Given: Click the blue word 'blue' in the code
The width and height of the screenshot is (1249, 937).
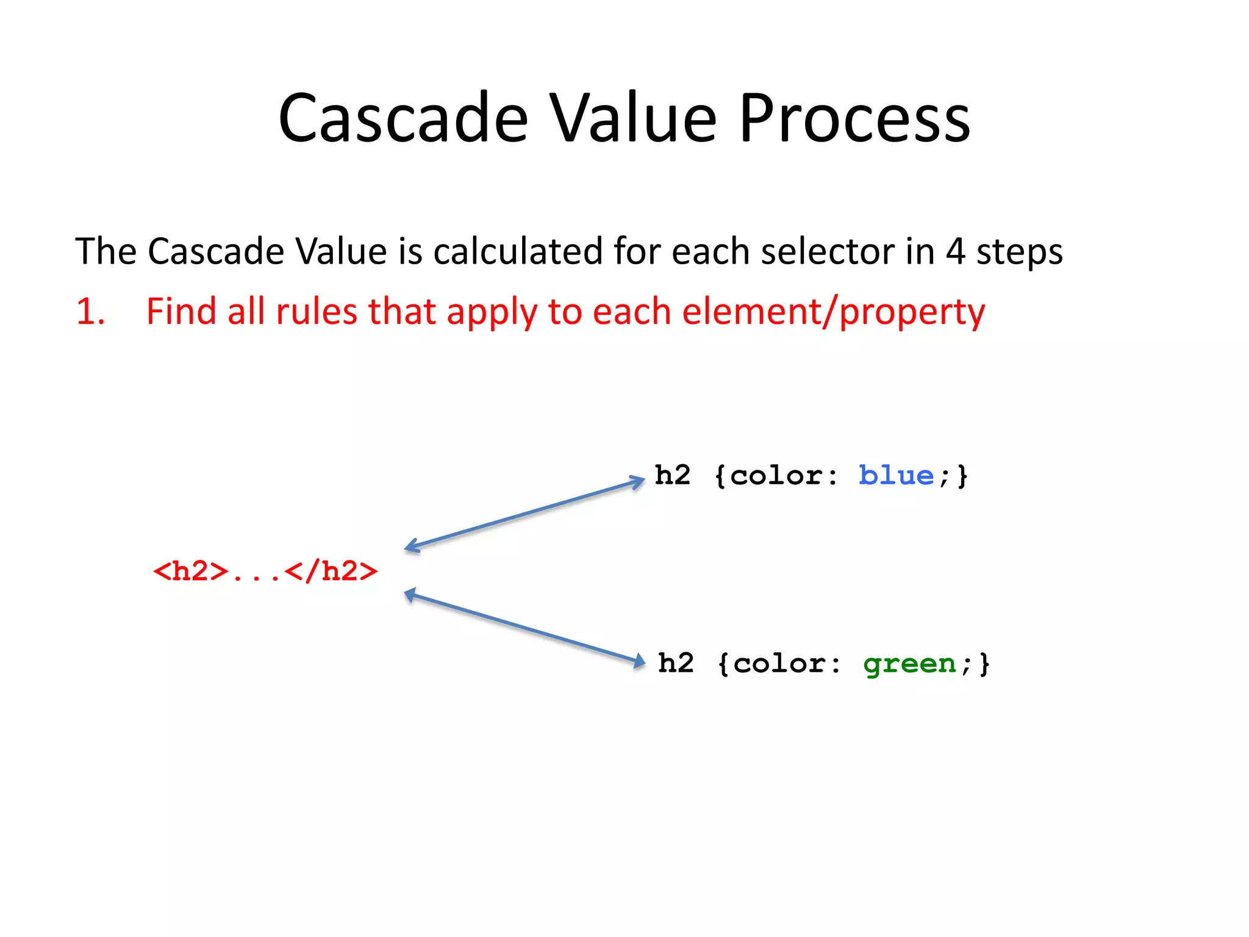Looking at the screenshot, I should pos(896,475).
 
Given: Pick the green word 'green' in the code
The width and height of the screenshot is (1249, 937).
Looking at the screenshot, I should pos(909,663).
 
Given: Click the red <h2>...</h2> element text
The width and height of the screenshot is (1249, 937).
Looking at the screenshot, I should pos(265,572).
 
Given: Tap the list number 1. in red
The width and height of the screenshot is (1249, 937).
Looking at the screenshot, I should pos(90,311).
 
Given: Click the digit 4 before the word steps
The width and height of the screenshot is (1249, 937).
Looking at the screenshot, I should pos(956,251).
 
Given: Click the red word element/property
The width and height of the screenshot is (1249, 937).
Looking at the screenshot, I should pos(833,312).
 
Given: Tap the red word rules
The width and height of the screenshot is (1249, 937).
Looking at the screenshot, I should pos(316,311).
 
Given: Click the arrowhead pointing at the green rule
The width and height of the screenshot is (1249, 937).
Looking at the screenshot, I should pos(639,661).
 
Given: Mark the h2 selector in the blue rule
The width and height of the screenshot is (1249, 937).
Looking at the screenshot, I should pos(673,475).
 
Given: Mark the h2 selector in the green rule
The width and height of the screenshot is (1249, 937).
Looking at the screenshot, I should pos(676,663).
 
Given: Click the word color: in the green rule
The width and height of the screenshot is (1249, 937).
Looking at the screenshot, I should pos(787,663).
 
